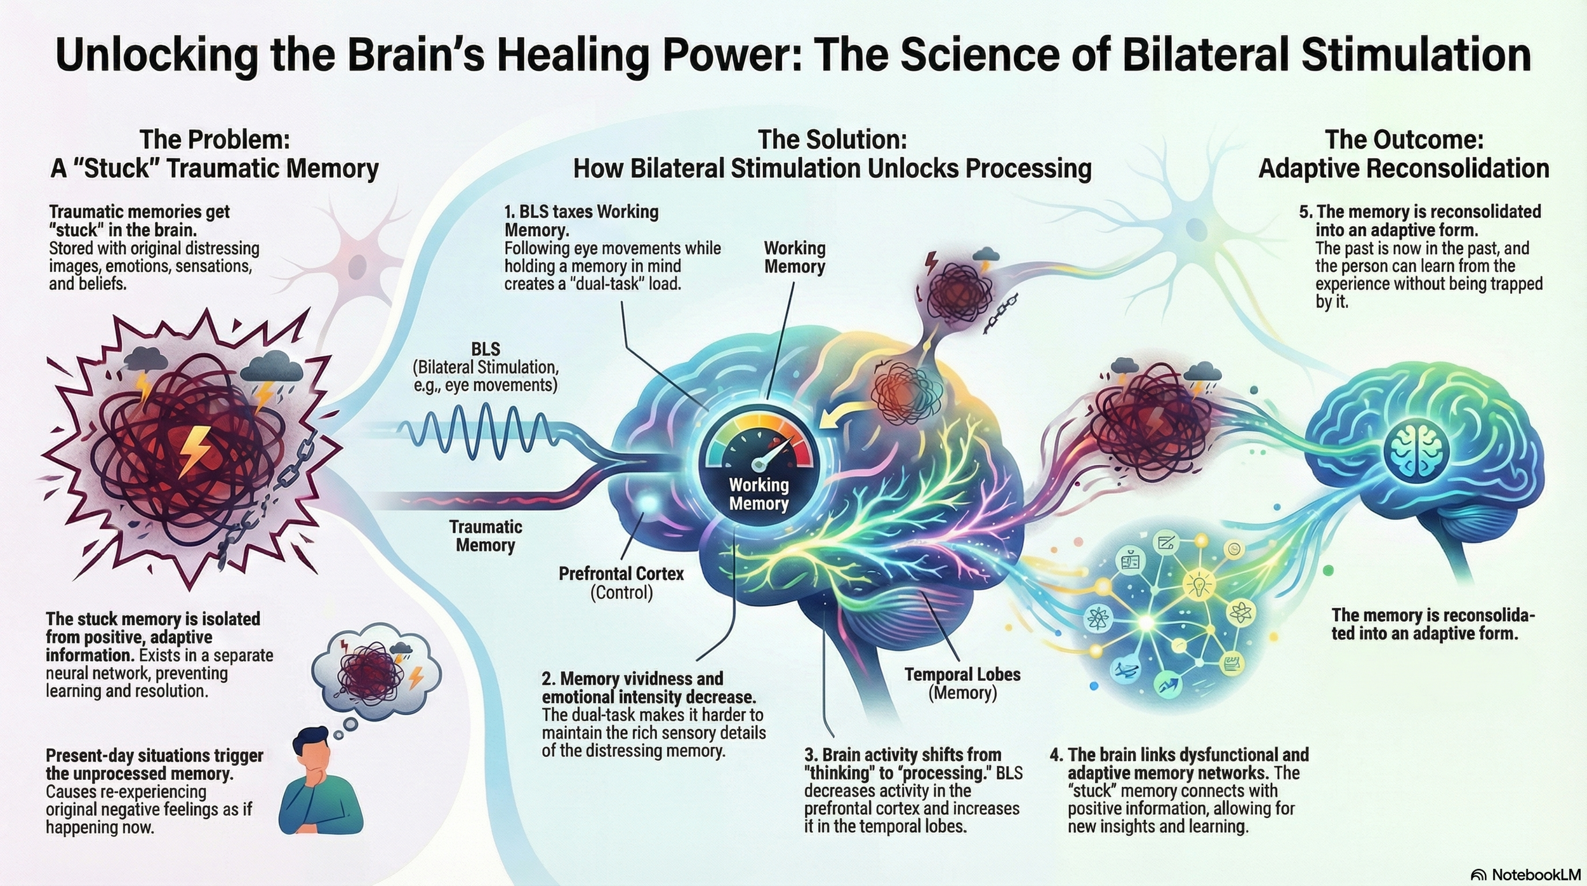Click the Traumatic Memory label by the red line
point(486,535)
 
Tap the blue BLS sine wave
point(482,432)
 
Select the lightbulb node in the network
point(1199,583)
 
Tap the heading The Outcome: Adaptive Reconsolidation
point(1404,154)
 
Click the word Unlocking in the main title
point(156,56)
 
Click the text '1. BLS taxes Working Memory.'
point(581,220)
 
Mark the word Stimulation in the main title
point(1416,56)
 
